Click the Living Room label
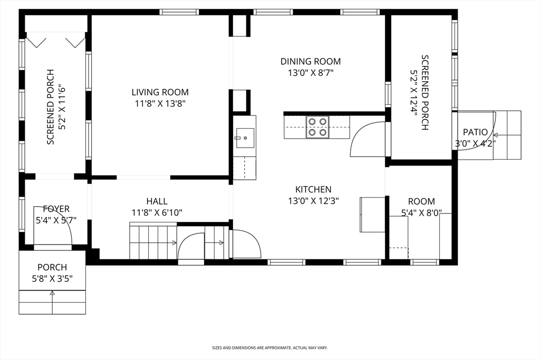[160, 92]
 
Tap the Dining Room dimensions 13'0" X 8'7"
[311, 73]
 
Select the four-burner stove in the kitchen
[317, 127]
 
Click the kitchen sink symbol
[245, 138]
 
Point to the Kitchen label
[313, 189]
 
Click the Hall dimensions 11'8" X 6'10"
[157, 213]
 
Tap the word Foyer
[56, 209]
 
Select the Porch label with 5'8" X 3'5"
[52, 273]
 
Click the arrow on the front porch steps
[52, 303]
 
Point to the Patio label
[475, 132]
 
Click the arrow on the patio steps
[502, 135]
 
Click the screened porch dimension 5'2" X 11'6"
[62, 107]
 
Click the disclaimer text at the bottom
[269, 348]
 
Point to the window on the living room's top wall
[179, 12]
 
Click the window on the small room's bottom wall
[425, 262]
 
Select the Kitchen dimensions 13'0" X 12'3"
[313, 201]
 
